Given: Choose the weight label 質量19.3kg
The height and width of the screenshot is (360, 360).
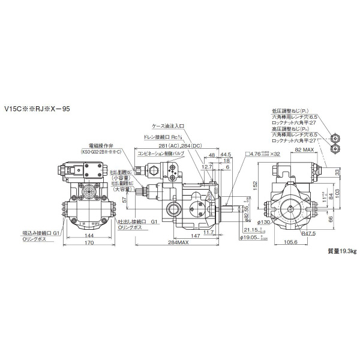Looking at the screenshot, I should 338,268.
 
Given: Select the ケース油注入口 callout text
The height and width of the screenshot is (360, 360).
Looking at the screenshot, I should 168,127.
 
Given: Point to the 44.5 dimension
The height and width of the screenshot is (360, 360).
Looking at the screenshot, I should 226,154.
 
